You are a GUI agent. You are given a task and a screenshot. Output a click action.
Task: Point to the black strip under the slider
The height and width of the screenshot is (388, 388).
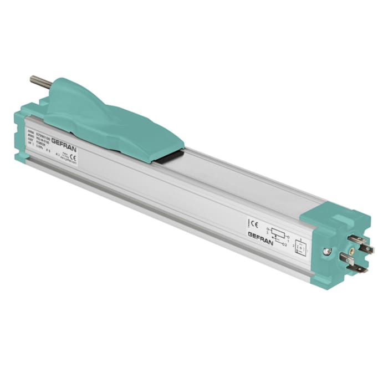[169, 157]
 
